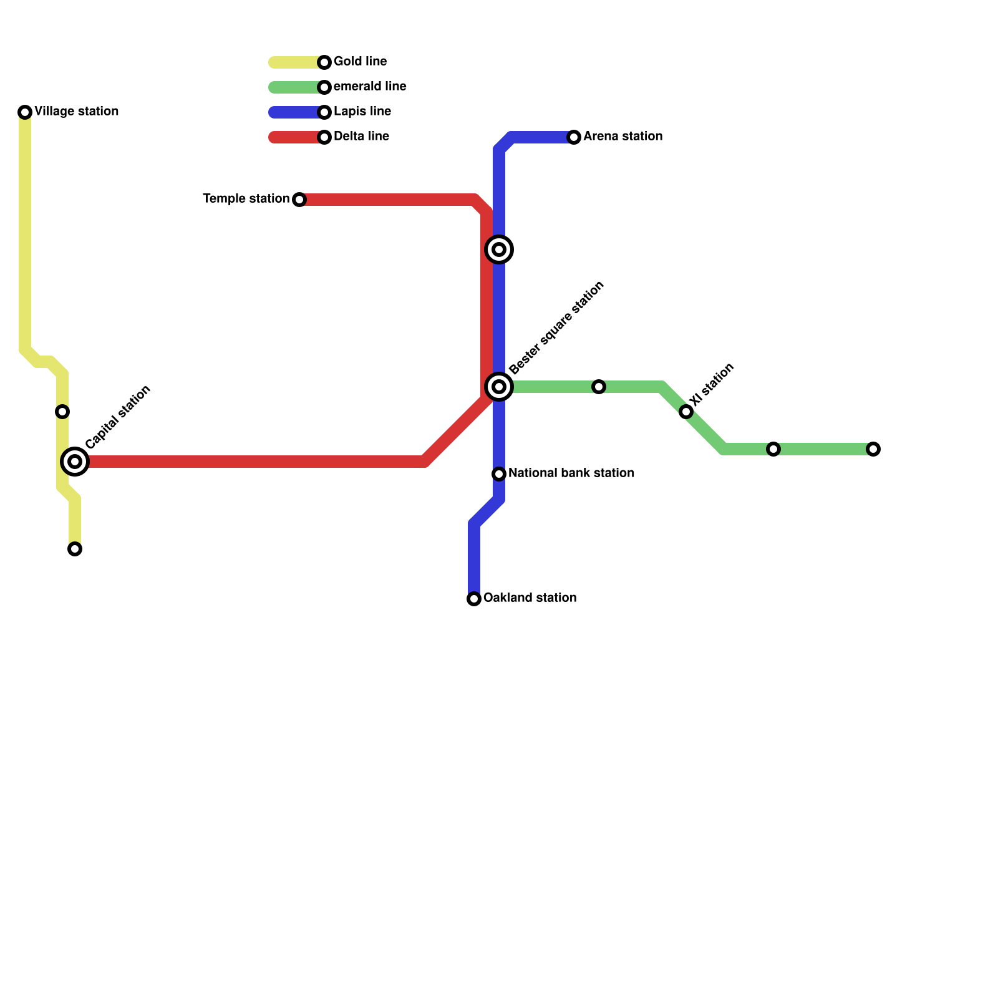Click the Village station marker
(25, 112)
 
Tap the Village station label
(76, 112)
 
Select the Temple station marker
(299, 200)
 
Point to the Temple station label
(246, 199)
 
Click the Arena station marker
(574, 137)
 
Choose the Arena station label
(623, 137)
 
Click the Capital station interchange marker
(75, 462)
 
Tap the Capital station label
(118, 417)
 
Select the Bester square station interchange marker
(499, 387)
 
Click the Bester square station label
(556, 328)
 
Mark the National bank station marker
(499, 474)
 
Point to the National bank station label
(571, 473)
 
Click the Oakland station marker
(474, 599)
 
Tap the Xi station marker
(686, 412)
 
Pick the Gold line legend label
(360, 62)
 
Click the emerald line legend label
(370, 87)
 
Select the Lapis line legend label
(362, 112)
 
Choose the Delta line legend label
(361, 137)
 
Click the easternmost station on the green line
(873, 449)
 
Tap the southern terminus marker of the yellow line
(75, 549)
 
